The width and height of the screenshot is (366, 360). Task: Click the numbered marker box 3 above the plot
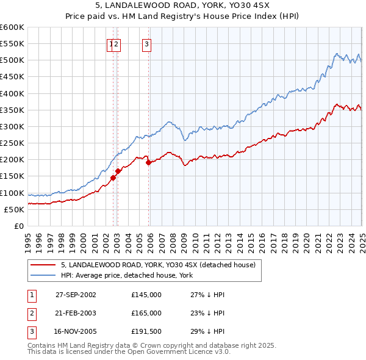pyautogui.click(x=147, y=43)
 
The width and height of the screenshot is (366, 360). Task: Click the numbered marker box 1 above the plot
pyautogui.click(x=111, y=43)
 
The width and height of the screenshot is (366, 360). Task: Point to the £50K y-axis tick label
pyautogui.click(x=13, y=209)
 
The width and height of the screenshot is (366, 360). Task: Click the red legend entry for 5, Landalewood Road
pyautogui.click(x=162, y=265)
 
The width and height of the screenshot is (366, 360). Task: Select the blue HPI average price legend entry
pyautogui.click(x=127, y=276)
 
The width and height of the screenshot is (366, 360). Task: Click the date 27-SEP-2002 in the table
pyautogui.click(x=76, y=294)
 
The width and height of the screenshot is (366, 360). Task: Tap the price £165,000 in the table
pyautogui.click(x=146, y=313)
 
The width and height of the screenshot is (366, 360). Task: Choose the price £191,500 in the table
pyautogui.click(x=146, y=332)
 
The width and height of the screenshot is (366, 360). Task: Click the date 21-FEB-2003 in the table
pyautogui.click(x=76, y=313)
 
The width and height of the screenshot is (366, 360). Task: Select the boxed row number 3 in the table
pyautogui.click(x=31, y=332)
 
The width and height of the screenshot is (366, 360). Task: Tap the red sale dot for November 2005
pyautogui.click(x=149, y=162)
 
